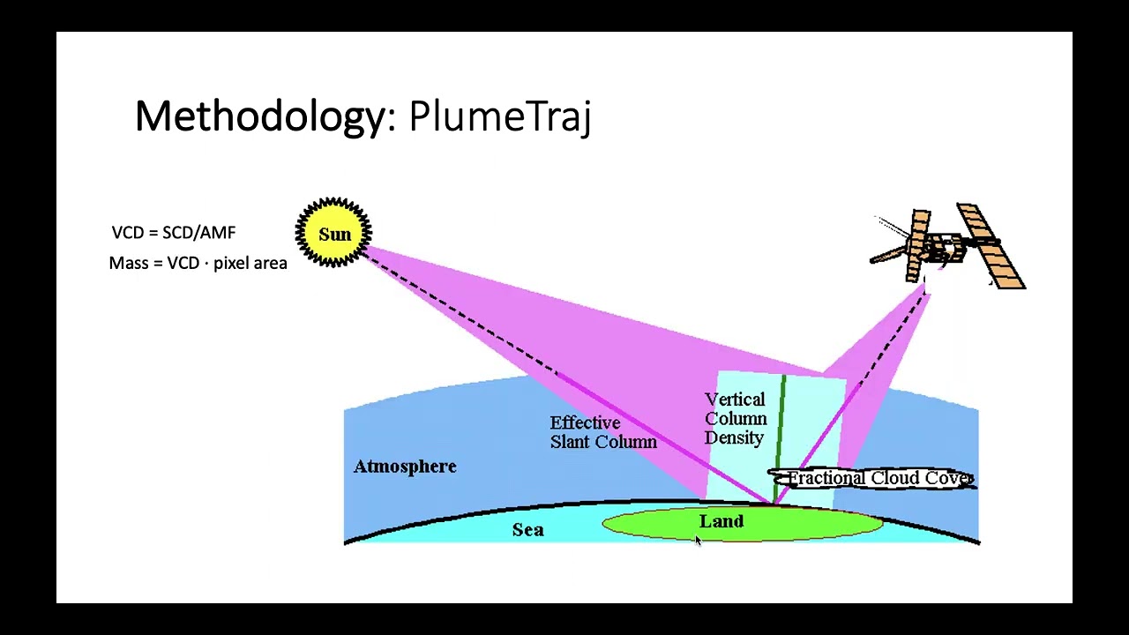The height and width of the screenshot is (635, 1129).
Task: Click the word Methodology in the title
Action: pyautogui.click(x=259, y=116)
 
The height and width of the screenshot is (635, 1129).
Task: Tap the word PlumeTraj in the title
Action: pyautogui.click(x=499, y=116)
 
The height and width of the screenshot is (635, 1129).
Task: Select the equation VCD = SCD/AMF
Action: pyautogui.click(x=174, y=233)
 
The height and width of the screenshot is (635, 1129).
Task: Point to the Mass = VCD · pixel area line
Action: pyautogui.click(x=198, y=263)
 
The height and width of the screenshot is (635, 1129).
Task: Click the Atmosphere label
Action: pyautogui.click(x=405, y=467)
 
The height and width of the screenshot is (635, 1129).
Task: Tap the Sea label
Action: pyautogui.click(x=527, y=529)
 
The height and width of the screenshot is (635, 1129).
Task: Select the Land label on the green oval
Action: pyautogui.click(x=722, y=521)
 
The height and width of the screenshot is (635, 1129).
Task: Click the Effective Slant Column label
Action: pyautogui.click(x=603, y=432)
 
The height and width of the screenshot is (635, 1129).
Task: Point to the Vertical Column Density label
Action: pyautogui.click(x=736, y=419)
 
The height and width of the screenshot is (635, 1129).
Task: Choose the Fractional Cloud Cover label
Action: pyautogui.click(x=879, y=478)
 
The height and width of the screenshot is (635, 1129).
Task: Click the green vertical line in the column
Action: pyautogui.click(x=782, y=423)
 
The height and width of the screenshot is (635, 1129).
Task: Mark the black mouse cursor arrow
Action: pyautogui.click(x=698, y=542)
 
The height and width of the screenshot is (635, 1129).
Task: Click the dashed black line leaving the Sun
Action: pyautogui.click(x=459, y=313)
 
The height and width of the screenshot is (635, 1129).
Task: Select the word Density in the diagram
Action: pyautogui.click(x=734, y=438)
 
